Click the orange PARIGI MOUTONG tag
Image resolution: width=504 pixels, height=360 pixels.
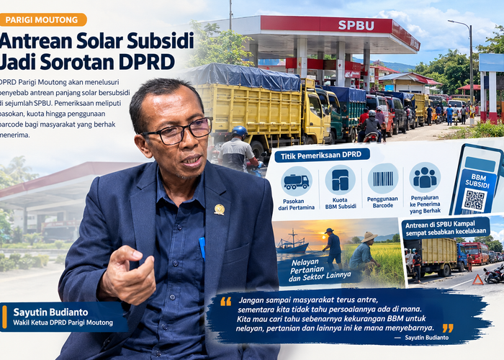[43, 19]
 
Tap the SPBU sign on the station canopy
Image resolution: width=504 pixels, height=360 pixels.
[356, 25]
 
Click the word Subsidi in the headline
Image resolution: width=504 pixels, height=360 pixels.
[161, 41]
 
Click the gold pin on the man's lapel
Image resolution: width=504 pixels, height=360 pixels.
[219, 210]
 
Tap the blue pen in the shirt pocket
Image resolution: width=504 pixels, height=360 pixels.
[202, 248]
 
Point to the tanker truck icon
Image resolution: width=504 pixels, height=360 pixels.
[297, 181]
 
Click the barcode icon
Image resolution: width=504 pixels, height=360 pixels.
[383, 179]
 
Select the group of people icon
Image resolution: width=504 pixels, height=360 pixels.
[425, 177]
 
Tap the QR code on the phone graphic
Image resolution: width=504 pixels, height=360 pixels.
[474, 200]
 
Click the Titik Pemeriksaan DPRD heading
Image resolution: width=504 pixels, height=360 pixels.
[321, 156]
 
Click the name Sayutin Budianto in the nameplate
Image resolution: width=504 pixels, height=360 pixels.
[50, 312]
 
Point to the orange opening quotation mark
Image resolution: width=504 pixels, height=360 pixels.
[225, 301]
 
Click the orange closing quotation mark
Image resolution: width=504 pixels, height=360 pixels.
[448, 328]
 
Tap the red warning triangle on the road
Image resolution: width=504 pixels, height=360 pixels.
[477, 280]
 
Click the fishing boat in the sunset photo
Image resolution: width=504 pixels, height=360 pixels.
[292, 243]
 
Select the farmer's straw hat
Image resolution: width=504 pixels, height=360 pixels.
[369, 237]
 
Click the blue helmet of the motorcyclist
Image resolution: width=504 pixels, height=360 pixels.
[240, 132]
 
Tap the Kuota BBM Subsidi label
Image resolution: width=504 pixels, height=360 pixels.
[341, 203]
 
